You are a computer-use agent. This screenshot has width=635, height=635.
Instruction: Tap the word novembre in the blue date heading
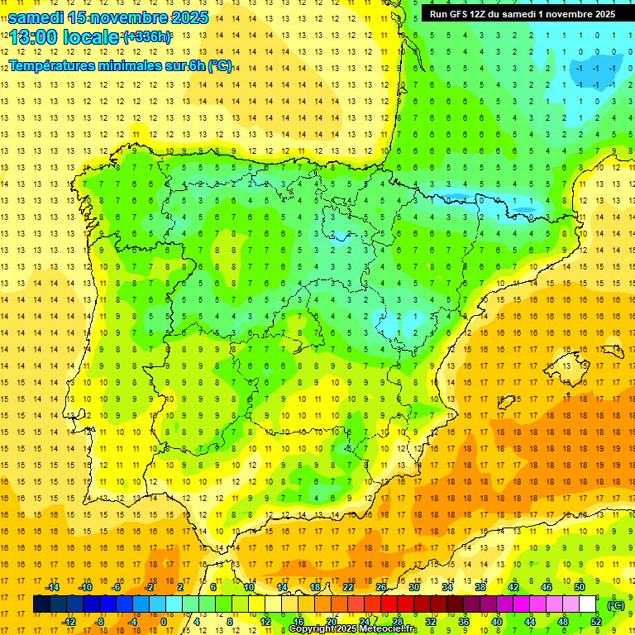(x=124, y=17)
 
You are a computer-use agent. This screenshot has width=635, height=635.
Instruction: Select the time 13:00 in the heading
(x=34, y=38)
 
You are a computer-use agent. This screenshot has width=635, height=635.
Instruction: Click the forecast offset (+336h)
(x=147, y=37)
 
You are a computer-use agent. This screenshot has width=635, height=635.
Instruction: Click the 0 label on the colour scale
(x=163, y=622)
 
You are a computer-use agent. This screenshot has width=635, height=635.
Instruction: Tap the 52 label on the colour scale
(x=596, y=622)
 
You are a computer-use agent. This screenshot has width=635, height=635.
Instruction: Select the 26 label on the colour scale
(x=381, y=587)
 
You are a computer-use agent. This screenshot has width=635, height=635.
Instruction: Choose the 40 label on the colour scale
(x=496, y=622)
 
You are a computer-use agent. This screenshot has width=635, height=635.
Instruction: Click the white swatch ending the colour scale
(x=587, y=604)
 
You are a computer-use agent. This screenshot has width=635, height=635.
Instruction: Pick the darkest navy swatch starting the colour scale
(x=41, y=604)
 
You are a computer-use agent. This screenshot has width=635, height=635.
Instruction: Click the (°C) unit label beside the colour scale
(x=616, y=604)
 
